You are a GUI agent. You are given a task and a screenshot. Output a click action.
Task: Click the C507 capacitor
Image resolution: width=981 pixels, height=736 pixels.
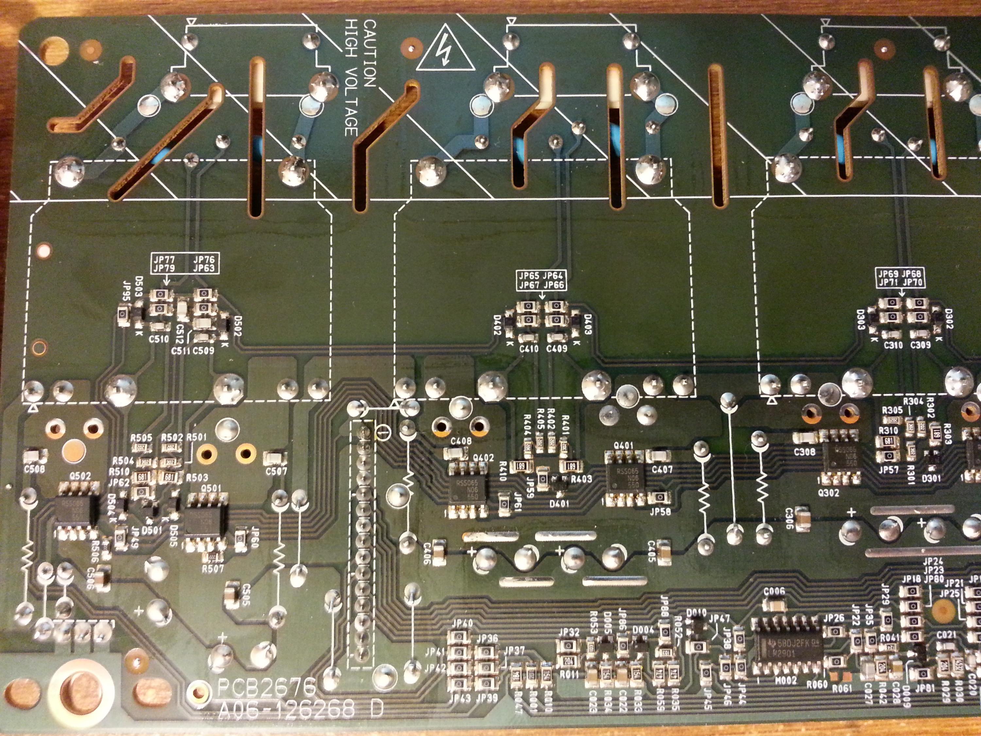[275, 457]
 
